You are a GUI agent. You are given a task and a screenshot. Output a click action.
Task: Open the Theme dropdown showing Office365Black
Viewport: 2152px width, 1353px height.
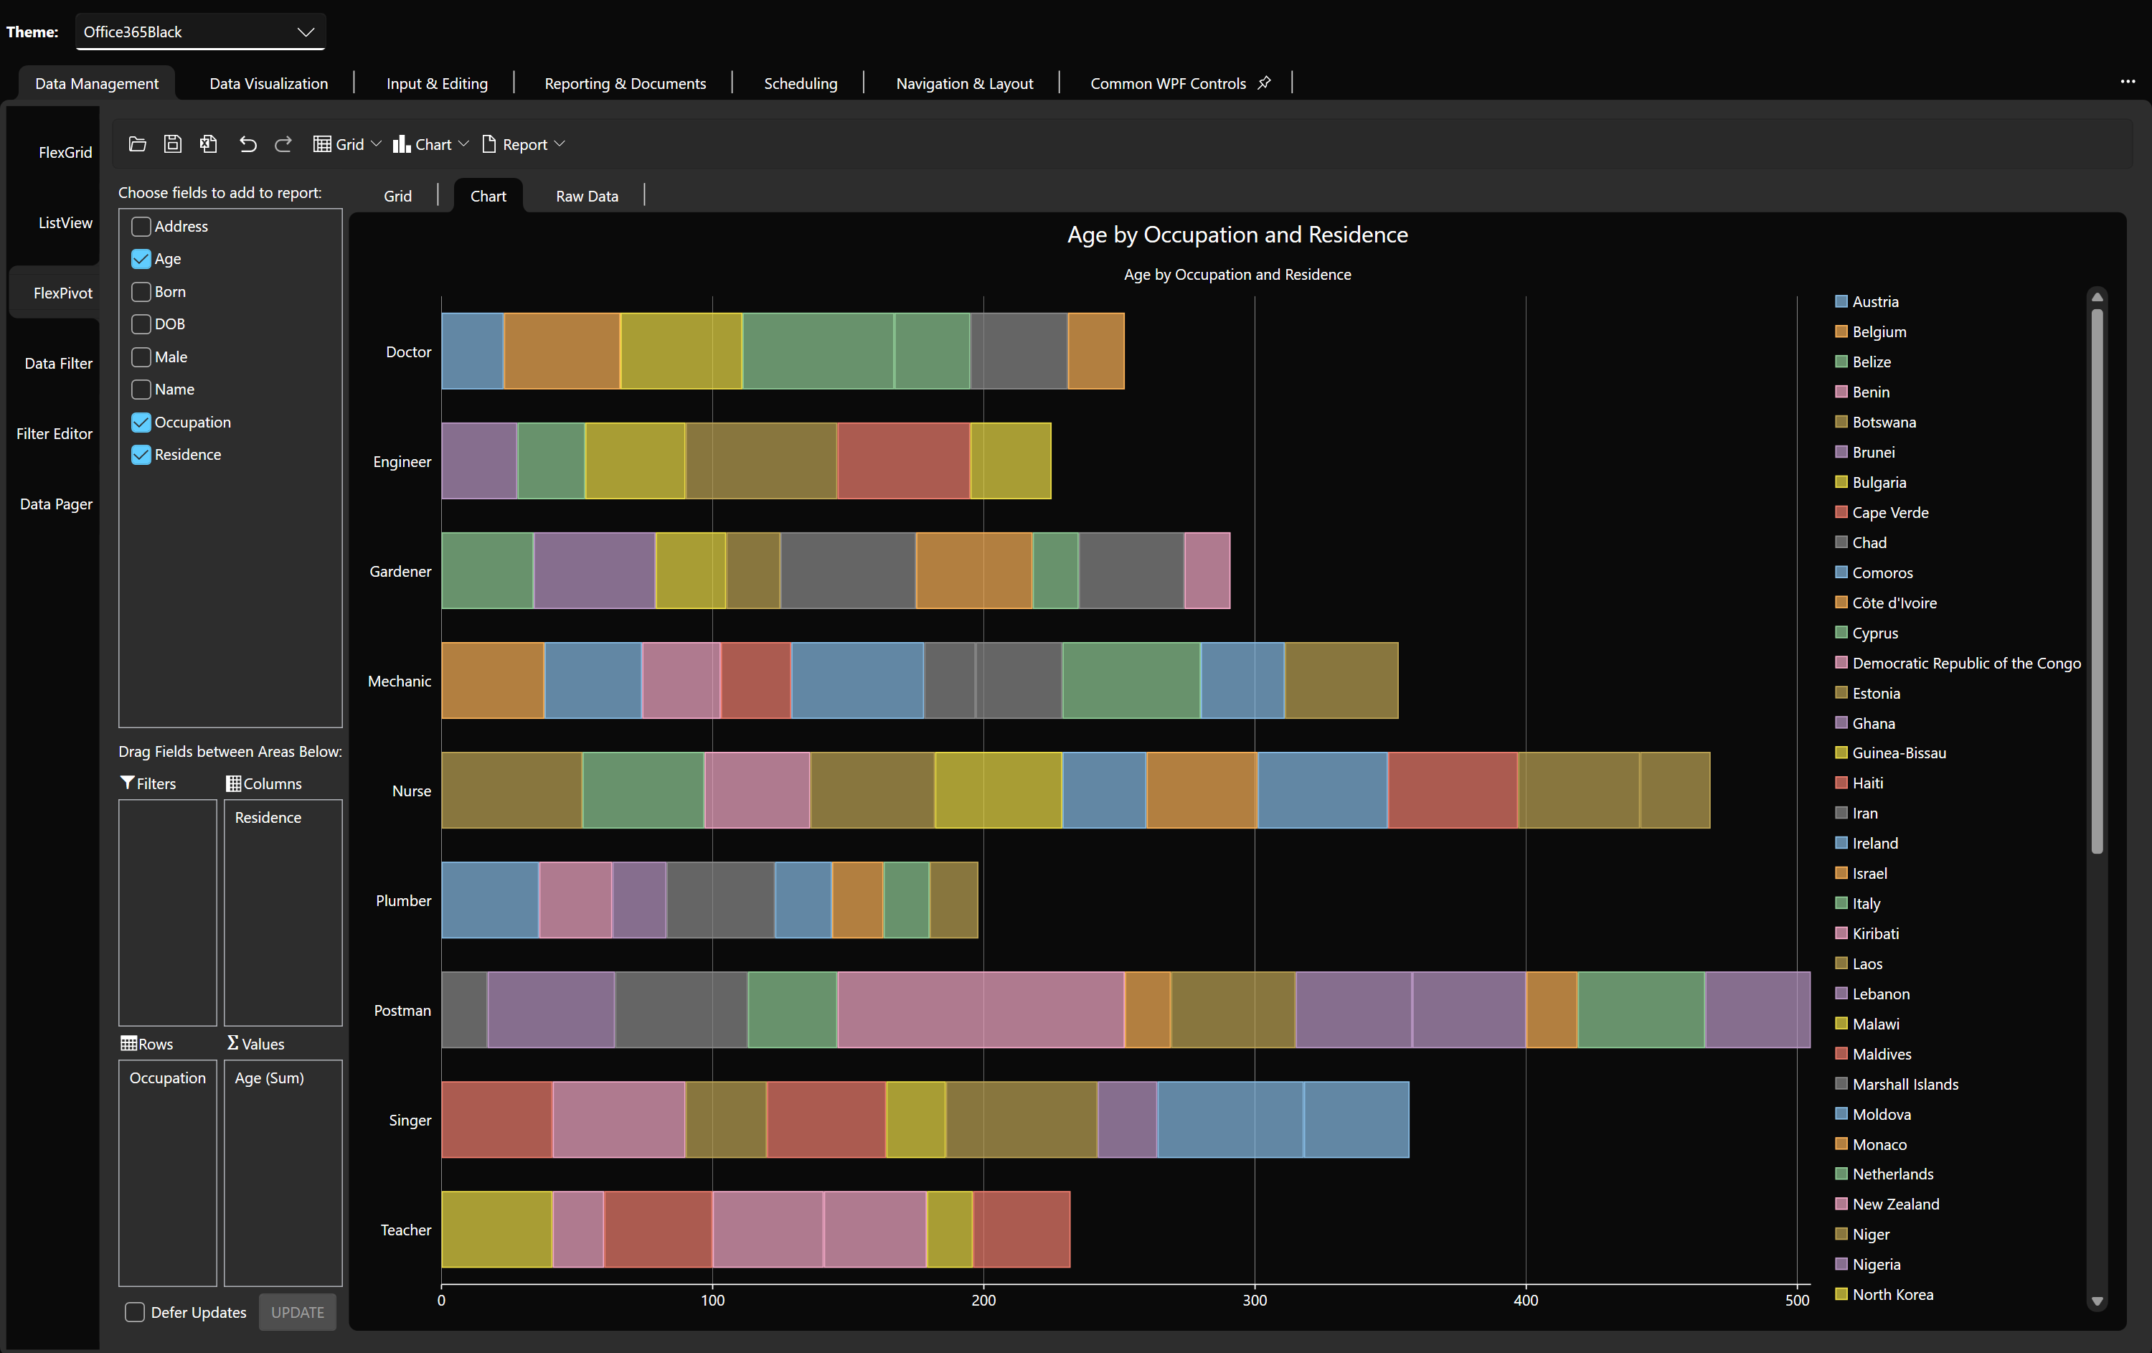click(x=200, y=32)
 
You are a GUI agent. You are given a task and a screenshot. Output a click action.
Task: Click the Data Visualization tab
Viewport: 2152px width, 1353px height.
click(x=268, y=83)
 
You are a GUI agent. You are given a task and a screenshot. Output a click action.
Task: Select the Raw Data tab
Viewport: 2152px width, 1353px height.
click(x=586, y=196)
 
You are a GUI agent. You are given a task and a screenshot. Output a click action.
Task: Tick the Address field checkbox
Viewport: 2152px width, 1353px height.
click(x=141, y=226)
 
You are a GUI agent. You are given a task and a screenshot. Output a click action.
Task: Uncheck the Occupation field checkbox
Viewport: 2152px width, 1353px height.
click(x=141, y=422)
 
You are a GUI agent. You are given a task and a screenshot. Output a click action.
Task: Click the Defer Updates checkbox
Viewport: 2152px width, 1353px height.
click(x=135, y=1312)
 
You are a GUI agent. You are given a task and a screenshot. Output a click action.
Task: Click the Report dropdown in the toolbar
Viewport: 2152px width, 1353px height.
click(x=524, y=144)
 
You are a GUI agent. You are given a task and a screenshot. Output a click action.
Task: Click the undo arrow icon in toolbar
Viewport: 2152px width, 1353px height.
click(x=247, y=144)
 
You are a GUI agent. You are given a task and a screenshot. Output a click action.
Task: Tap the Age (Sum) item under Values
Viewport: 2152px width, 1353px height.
click(x=269, y=1078)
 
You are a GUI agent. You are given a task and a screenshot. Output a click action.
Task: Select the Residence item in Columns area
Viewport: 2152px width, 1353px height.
click(x=268, y=817)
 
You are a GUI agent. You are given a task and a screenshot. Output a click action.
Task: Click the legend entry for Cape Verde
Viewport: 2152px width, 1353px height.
click(x=1889, y=512)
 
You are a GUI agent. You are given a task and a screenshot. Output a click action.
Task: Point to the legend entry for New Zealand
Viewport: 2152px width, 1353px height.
click(x=1894, y=1204)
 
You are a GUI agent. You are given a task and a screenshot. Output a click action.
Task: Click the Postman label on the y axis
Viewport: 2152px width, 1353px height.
click(x=402, y=1010)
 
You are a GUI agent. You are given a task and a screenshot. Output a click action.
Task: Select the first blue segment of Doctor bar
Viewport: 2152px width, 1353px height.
click(x=472, y=350)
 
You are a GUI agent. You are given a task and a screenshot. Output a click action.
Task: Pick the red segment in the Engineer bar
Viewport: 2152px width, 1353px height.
click(x=902, y=461)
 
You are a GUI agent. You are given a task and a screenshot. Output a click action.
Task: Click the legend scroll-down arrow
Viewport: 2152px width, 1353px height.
click(x=2097, y=1301)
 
